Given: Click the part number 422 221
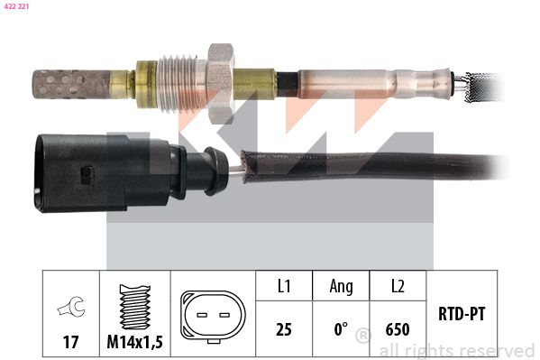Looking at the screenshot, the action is point(16,6).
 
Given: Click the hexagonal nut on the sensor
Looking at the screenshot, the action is point(220,83).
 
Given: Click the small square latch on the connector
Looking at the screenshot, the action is point(87,174).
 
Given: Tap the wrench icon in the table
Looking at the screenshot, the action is point(71,306).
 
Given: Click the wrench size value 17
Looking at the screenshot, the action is point(70,342).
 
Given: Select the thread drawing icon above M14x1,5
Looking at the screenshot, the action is point(134,307).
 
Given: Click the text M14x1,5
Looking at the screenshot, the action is point(134,342).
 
